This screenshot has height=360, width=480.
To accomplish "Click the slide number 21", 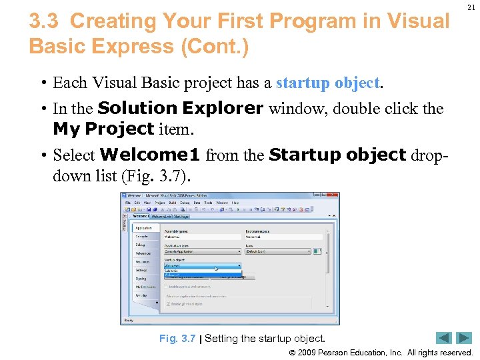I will click(x=471, y=7).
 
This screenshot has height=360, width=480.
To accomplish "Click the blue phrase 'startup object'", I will click(x=327, y=83).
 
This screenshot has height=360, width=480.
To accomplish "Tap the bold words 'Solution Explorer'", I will click(x=180, y=108).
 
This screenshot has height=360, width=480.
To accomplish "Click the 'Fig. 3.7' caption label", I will click(x=177, y=338).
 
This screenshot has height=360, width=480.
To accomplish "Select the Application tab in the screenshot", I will click(x=145, y=228).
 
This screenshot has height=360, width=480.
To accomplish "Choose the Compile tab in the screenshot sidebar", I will click(x=143, y=237).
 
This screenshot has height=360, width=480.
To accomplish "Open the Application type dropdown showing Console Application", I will click(x=203, y=251).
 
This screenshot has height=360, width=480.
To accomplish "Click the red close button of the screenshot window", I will click(x=333, y=196).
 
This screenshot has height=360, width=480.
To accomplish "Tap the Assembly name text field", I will click(x=203, y=236).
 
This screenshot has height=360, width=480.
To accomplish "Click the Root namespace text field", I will click(x=284, y=236).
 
